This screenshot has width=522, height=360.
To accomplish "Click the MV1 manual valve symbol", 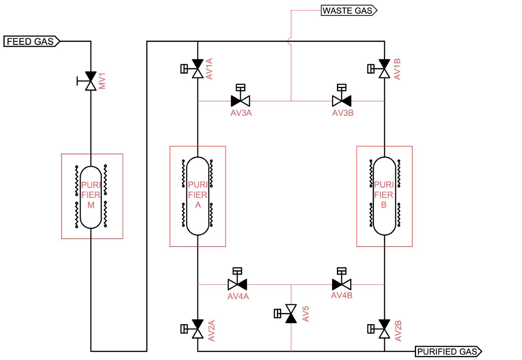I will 90,81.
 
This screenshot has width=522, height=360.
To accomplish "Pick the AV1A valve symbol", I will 197,69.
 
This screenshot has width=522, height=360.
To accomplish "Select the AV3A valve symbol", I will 240,100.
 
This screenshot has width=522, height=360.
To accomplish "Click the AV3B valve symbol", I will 342,100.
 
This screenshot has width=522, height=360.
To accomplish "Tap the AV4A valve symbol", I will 238,284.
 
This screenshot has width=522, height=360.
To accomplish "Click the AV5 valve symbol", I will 290,314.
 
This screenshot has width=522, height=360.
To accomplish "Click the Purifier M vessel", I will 90,197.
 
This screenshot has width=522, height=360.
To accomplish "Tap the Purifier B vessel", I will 384,195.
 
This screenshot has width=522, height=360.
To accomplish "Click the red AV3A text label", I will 241,114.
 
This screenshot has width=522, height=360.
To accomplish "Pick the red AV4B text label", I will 342,296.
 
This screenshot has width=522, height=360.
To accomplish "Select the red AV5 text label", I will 305,314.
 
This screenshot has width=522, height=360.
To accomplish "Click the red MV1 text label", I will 102,81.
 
